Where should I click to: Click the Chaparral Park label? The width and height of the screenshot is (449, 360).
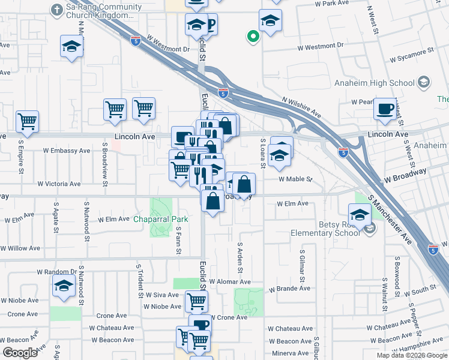point(160,219)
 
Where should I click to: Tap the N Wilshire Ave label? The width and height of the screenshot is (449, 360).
point(302,108)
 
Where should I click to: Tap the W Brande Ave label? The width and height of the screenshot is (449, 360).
point(289,289)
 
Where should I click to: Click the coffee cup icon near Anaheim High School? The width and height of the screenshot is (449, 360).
point(384,109)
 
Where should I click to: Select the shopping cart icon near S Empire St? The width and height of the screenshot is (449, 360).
point(28,122)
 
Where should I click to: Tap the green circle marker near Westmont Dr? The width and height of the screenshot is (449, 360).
point(253,37)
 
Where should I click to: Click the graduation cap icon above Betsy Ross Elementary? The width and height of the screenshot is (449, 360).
point(360,214)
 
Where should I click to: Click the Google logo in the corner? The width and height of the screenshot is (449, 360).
point(20,353)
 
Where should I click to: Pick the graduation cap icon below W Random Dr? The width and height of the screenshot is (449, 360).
point(63,287)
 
